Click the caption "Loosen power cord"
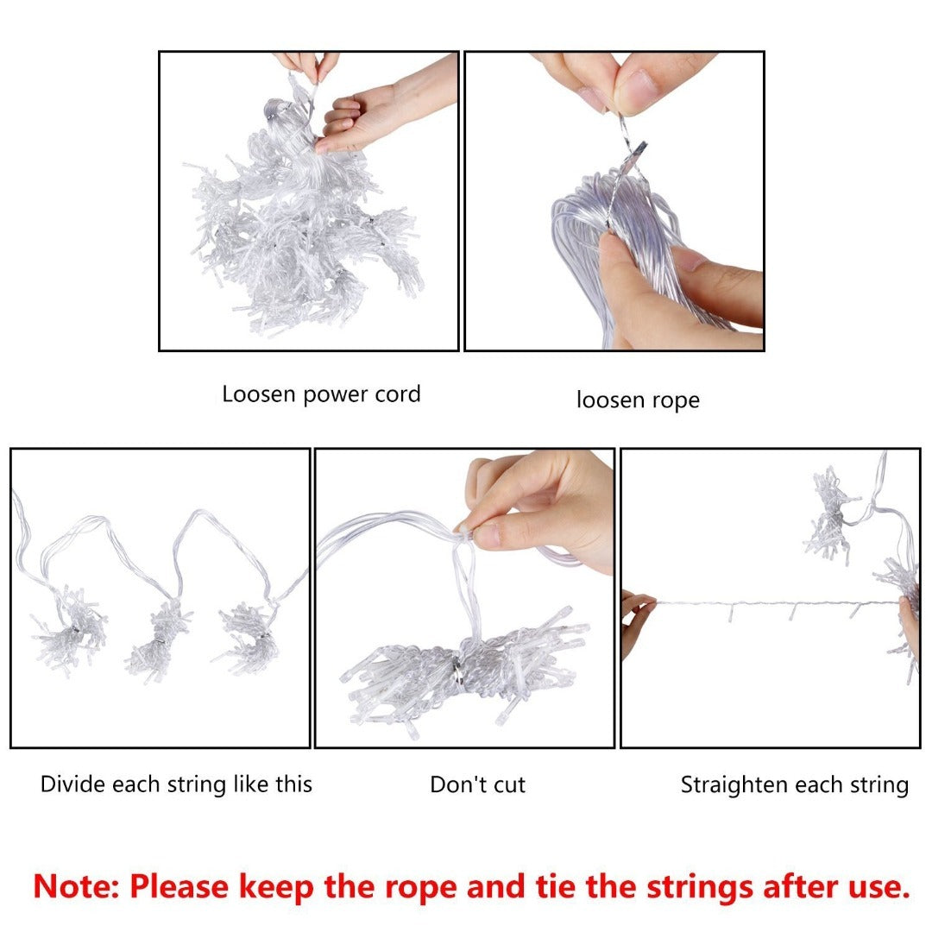click(321, 394)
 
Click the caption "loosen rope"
click(638, 400)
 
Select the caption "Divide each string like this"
click(176, 784)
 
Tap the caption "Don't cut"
click(477, 784)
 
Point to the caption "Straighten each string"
click(795, 785)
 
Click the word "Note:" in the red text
click(77, 886)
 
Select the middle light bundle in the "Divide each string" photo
click(158, 643)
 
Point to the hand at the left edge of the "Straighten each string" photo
click(636, 621)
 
